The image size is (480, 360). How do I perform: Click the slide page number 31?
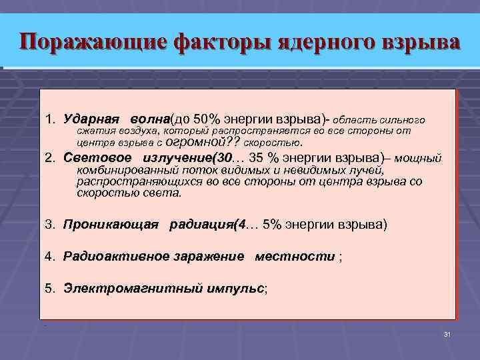[x=447, y=333]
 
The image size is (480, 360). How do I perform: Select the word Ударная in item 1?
[x=91, y=119]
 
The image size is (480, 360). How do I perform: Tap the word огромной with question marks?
[x=198, y=142]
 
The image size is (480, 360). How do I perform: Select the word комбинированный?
[x=119, y=171]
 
